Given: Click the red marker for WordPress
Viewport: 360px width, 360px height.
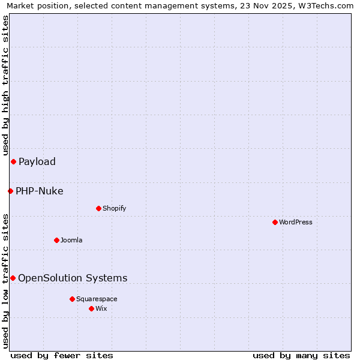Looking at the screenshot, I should click(275, 222).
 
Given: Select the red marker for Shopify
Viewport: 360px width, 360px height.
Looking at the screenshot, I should click(98, 208).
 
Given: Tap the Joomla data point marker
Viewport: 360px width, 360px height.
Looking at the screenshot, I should click(56, 240).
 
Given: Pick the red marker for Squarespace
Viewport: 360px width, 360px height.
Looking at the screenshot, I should click(72, 299).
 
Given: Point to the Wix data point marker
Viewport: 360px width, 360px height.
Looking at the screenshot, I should click(91, 308).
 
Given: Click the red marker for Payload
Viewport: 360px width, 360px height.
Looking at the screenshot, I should click(13, 161).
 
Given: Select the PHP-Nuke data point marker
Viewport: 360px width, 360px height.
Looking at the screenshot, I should click(10, 191).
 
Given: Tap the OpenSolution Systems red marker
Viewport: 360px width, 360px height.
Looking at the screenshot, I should click(13, 278).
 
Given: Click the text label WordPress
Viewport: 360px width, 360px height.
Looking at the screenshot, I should click(296, 222).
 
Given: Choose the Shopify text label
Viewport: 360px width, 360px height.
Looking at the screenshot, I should click(114, 208).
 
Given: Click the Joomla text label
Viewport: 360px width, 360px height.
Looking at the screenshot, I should click(71, 240).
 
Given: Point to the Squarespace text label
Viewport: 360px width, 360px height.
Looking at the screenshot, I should click(97, 299).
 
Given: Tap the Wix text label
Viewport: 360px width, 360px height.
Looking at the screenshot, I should click(101, 308).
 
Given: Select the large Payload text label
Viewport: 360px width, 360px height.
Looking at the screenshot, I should click(37, 161).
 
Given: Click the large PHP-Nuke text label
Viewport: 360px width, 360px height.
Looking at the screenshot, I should click(40, 191).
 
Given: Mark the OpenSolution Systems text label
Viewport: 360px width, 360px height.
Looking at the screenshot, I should click(73, 278).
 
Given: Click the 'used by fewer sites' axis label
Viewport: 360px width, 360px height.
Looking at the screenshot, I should click(62, 355).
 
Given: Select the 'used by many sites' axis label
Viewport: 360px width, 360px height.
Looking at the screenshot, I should click(301, 355).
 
